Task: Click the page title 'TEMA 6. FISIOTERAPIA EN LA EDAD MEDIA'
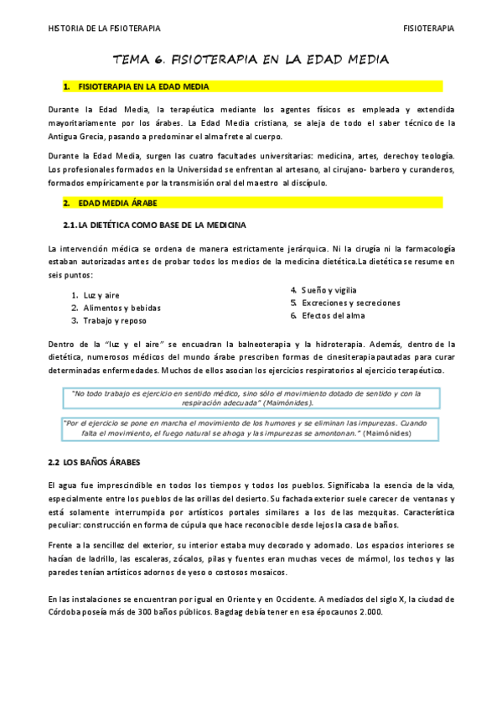point(251,60)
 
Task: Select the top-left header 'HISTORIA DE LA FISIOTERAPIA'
point(103,29)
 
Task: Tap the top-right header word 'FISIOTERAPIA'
point(428,29)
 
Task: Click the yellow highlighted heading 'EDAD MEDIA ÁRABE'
point(116,203)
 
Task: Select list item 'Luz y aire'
point(101,295)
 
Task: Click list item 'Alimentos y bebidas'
point(121,308)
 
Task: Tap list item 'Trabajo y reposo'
point(114,320)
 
